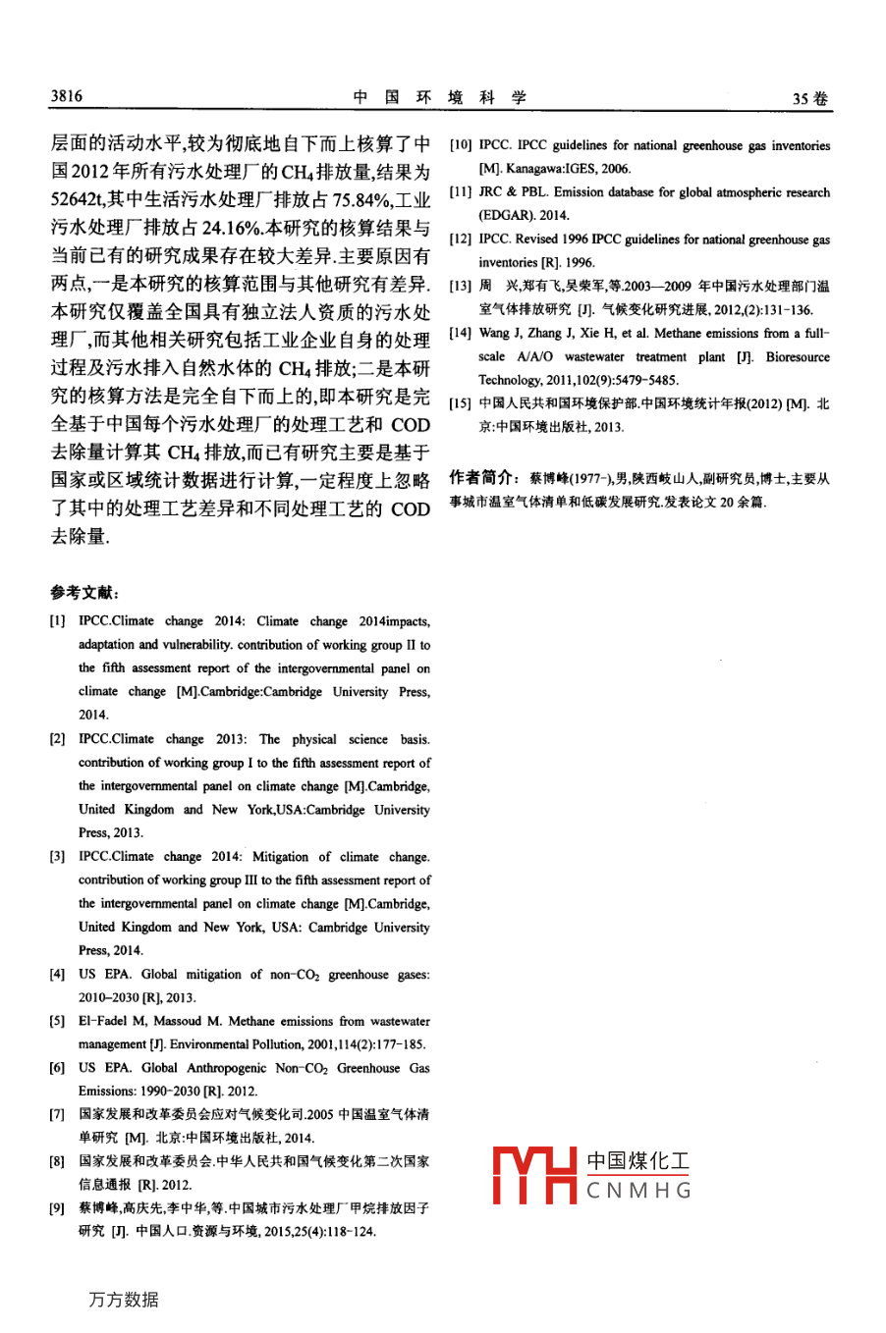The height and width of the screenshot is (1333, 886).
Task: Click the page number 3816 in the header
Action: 67,96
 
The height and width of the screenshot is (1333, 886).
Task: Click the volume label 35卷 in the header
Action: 810,98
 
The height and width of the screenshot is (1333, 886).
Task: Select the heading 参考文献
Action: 84,592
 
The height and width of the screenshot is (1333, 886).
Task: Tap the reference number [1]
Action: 59,621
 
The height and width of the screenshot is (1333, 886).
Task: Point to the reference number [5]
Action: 59,1021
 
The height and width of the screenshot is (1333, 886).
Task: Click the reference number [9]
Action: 59,1208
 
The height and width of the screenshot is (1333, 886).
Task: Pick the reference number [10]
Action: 461,145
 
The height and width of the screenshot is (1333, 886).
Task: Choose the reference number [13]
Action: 461,287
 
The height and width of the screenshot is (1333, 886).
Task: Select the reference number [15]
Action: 461,403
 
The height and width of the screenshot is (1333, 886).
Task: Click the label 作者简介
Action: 482,478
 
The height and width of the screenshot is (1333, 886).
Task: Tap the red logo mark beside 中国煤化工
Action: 534,1175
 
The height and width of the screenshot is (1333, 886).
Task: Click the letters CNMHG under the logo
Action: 639,1192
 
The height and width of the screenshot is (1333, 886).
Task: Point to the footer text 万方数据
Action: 123,1300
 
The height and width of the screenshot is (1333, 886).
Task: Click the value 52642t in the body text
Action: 78,200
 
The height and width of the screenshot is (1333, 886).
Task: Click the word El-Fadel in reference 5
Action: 103,1021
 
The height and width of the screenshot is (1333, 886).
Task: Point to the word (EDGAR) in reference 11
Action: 506,215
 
